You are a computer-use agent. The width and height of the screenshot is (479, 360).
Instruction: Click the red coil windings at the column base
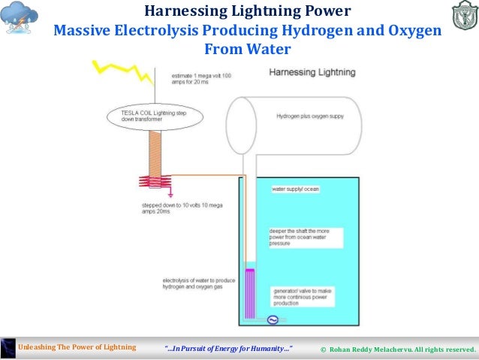tap(155, 182)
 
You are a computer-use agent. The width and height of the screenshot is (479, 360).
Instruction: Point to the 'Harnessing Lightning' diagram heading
tap(312, 73)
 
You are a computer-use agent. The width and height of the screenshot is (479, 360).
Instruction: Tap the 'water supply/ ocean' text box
tap(296, 189)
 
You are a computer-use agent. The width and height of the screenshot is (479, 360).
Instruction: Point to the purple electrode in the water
tap(251, 293)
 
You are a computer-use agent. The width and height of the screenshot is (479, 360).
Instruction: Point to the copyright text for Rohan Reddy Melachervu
tap(397, 349)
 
